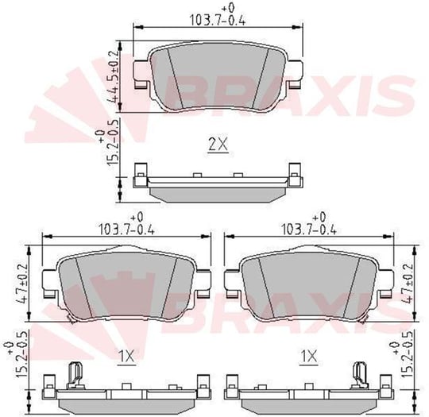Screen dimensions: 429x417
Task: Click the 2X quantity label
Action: coord(218,145)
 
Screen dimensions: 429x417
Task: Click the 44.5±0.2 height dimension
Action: coord(114,76)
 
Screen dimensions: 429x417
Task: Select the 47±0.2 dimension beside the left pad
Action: coord(23,284)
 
